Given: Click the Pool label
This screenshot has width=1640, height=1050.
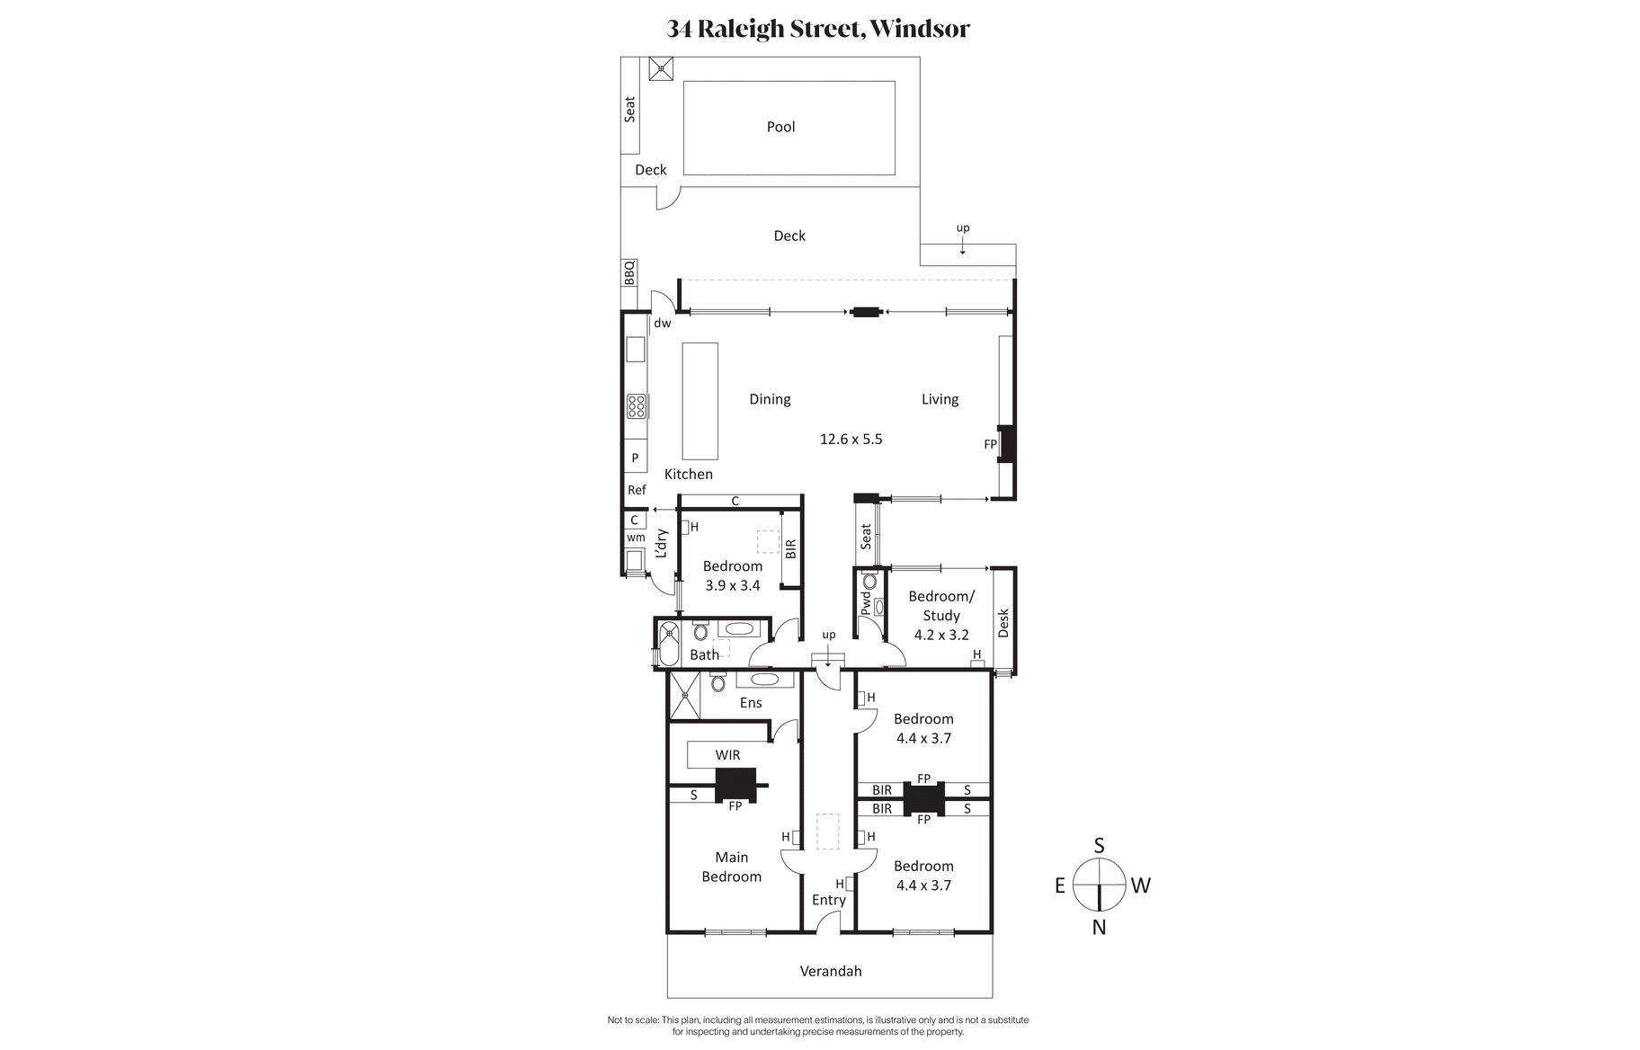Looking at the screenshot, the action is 780,127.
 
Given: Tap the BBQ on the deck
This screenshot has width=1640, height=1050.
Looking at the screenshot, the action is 629,272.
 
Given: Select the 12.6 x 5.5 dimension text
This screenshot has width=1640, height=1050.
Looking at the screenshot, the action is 851,439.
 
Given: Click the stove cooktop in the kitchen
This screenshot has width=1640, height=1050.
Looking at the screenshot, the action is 637,406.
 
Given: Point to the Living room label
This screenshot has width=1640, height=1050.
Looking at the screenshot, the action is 940,399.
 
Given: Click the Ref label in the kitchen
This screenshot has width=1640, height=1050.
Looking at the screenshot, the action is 637,490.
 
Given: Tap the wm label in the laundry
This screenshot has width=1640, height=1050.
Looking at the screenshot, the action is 636,538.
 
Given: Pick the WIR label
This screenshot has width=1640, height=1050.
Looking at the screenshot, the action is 728,755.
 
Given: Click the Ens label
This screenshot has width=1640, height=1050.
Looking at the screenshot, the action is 751,703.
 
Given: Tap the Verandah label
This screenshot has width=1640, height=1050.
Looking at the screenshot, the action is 831,971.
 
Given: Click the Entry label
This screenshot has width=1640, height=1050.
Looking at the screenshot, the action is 829,900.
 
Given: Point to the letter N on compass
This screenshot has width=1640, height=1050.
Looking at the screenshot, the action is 1099,928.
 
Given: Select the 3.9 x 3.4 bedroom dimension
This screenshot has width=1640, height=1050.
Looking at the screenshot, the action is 733,585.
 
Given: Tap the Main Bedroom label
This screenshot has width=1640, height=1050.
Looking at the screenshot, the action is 732,867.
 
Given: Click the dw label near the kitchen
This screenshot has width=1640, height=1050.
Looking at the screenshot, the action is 663,323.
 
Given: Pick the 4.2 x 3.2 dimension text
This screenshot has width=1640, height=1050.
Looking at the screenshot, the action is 941,635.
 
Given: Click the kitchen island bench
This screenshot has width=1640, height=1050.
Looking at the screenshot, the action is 700,401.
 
